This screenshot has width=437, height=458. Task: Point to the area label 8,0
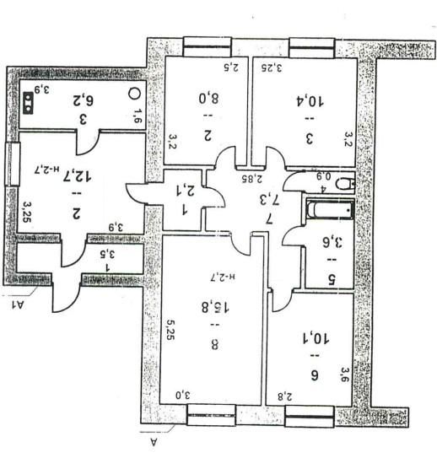click(208, 97)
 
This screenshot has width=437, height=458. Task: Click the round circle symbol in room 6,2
click(134, 95)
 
